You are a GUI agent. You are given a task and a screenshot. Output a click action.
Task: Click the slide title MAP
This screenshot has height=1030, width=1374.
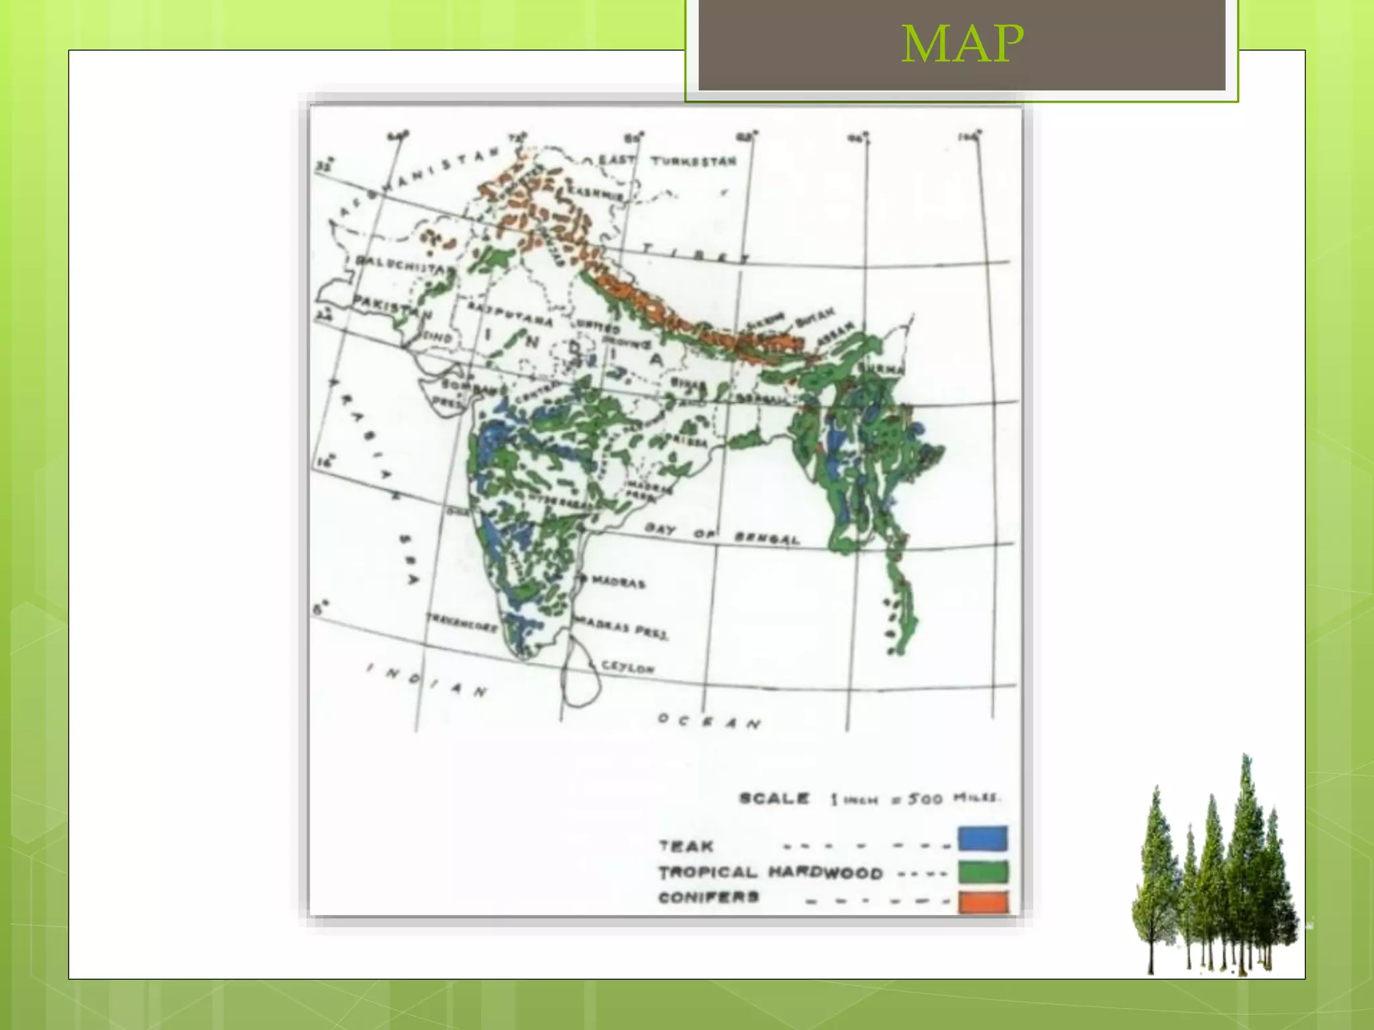coord(963,44)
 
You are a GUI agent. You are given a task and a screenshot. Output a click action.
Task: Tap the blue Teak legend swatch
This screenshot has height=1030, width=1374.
coord(983,838)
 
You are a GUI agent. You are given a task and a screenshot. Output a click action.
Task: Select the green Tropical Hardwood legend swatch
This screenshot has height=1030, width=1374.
coord(983,871)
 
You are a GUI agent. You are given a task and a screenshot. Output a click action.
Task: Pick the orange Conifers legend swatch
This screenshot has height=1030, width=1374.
coord(983,901)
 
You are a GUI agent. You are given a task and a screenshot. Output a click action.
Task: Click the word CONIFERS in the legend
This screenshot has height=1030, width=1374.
coord(708,897)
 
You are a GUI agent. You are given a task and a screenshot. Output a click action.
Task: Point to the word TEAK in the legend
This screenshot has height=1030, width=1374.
coord(686,846)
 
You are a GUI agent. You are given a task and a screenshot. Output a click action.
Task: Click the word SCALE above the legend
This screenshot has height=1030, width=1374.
coord(774,799)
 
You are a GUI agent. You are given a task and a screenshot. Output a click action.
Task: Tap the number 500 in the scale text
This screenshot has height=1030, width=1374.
coord(925,799)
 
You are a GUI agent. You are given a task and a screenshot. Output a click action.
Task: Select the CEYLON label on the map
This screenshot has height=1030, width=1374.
coord(627,667)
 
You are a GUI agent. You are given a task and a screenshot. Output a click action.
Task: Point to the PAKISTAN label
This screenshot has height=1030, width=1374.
coord(392,306)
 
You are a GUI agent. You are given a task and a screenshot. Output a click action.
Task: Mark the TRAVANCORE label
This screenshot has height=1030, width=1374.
coord(463,623)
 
